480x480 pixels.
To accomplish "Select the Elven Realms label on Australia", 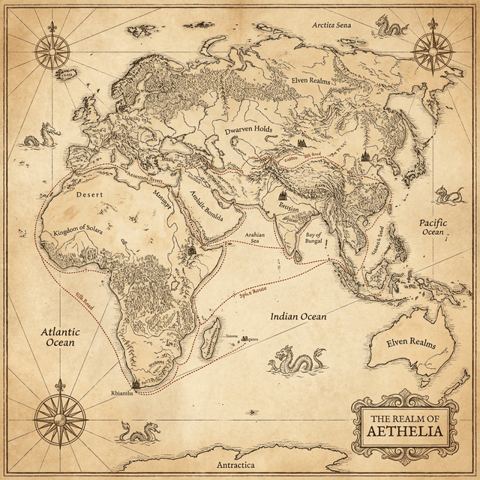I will click(410, 343).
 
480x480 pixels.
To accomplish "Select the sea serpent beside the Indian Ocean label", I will click(296, 361).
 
